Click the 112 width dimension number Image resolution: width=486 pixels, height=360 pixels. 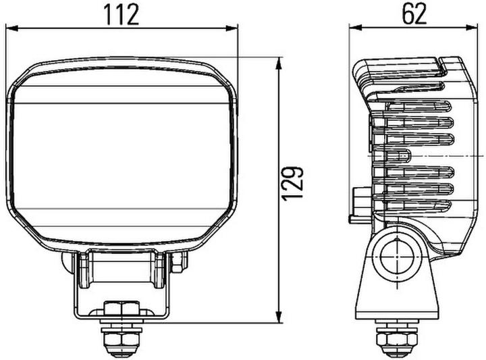(122, 13)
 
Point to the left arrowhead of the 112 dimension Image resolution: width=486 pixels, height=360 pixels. (9, 28)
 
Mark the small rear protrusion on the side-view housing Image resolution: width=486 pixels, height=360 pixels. (356, 203)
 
